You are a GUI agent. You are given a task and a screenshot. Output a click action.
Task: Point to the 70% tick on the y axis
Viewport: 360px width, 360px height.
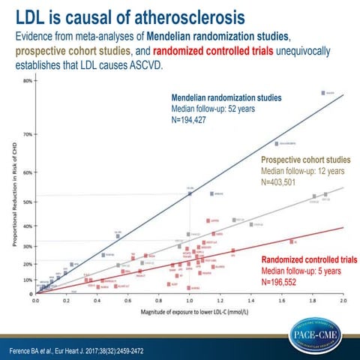[28, 134]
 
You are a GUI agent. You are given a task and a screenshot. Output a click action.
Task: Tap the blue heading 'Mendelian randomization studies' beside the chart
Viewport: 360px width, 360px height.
[226, 97]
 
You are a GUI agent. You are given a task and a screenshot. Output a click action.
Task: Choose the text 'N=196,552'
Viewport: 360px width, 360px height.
[282, 282]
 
